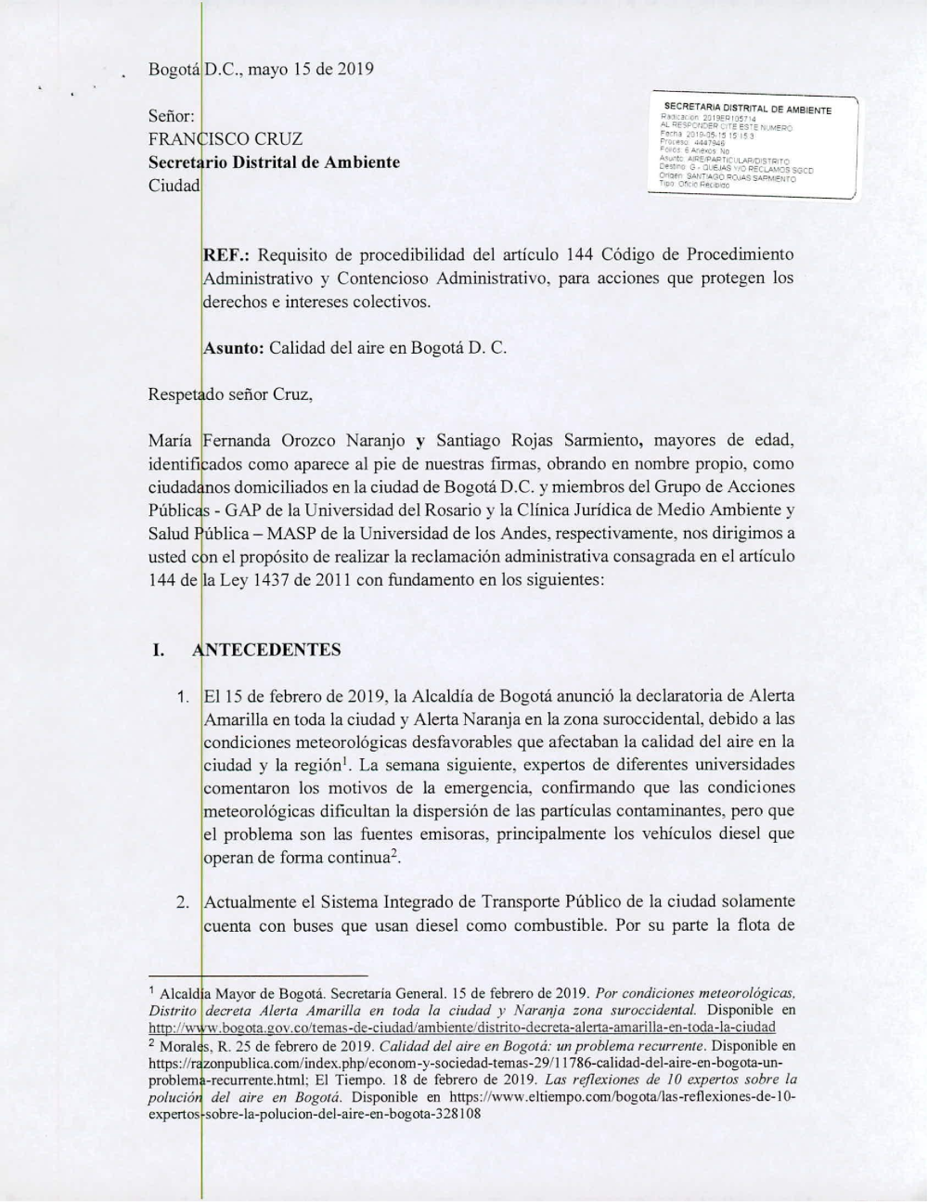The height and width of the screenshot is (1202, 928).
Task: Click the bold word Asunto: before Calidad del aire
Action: (x=233, y=348)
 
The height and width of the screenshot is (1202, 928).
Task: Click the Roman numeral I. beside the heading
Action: (x=159, y=650)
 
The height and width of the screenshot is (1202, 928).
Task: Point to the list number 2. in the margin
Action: (x=183, y=901)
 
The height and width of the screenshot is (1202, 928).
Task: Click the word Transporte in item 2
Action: (x=509, y=901)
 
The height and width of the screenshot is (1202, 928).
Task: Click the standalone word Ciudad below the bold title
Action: (x=174, y=185)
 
